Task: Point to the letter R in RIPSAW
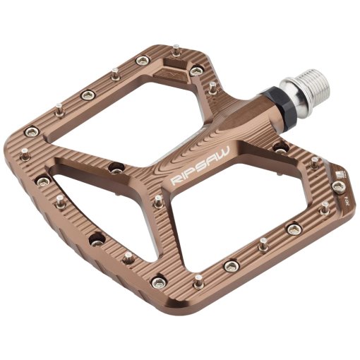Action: pyautogui.click(x=174, y=182)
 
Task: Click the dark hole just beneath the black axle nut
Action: pyautogui.click(x=280, y=149)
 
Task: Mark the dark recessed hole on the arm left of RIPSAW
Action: pyautogui.click(x=116, y=168)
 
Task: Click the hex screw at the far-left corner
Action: pyautogui.click(x=30, y=131)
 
